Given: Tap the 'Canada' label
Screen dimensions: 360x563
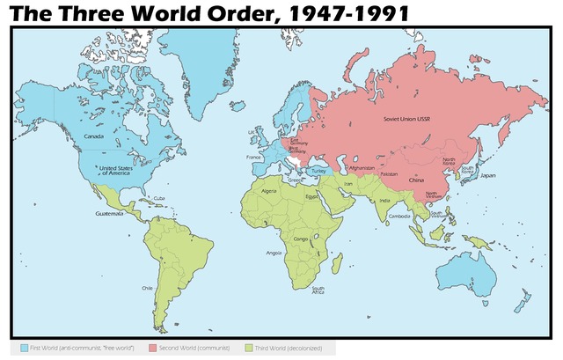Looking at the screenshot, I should pyautogui.click(x=93, y=136).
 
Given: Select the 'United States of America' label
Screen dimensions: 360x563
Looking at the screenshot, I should pyautogui.click(x=113, y=170).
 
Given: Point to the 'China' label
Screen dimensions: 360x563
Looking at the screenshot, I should pyautogui.click(x=417, y=180).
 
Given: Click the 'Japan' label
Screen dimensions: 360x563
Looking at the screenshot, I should pyautogui.click(x=488, y=175).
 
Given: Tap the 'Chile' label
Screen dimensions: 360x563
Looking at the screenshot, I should pyautogui.click(x=147, y=288).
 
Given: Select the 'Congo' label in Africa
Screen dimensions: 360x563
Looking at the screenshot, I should pyautogui.click(x=299, y=239).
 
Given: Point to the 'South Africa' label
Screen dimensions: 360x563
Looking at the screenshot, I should pyautogui.click(x=318, y=290).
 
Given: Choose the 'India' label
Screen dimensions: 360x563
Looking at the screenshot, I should pyautogui.click(x=384, y=201).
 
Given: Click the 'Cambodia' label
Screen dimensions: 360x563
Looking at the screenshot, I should pyautogui.click(x=399, y=217).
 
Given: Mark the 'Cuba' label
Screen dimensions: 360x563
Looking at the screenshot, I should pyautogui.click(x=159, y=198).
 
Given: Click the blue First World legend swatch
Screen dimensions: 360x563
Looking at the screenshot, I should pyautogui.click(x=23, y=349).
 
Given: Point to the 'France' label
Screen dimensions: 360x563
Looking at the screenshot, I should pyautogui.click(x=254, y=157).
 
